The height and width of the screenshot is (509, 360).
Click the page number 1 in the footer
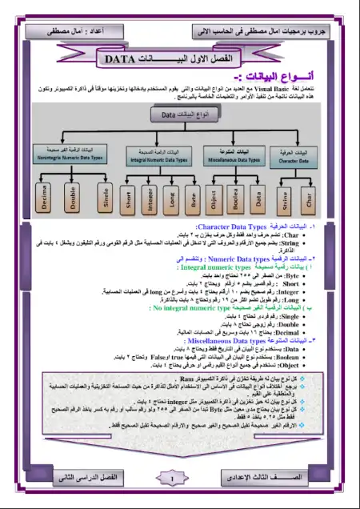[x=174, y=479]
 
